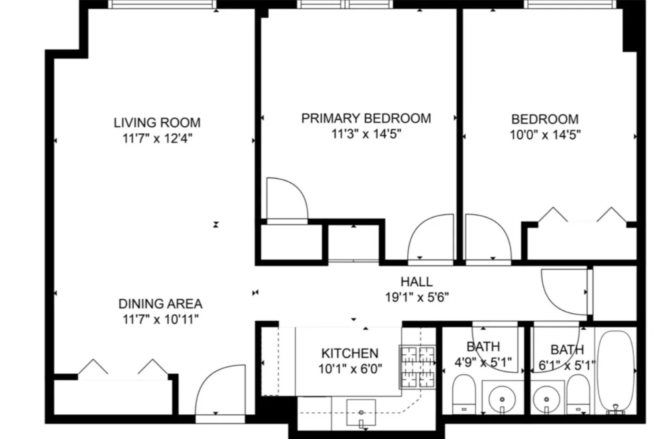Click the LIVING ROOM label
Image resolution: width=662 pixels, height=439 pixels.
point(157,122)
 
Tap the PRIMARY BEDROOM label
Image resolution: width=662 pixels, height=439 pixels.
point(366,118)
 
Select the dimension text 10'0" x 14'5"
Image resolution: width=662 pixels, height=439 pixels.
point(545,135)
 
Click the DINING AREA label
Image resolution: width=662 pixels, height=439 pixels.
point(160,304)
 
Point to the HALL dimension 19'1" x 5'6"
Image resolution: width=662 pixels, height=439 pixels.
point(417,297)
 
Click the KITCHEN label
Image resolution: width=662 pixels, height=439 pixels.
point(350,353)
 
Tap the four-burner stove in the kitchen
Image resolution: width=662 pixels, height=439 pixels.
point(417,367)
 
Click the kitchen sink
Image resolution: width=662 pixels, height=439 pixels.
point(361,413)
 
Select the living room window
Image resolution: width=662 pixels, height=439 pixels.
point(162,4)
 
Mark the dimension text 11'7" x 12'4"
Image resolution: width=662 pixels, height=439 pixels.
point(157,139)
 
